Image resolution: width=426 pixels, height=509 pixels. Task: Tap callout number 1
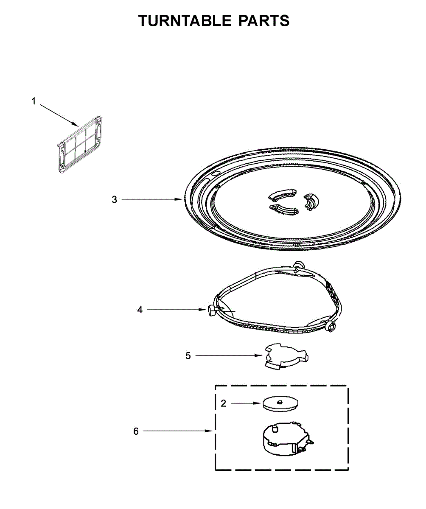click(34, 101)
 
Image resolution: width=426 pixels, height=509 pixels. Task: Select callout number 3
click(114, 199)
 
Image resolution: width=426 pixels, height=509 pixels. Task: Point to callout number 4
click(140, 310)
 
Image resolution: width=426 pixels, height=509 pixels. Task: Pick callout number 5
click(188, 355)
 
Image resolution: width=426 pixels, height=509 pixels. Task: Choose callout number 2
click(223, 403)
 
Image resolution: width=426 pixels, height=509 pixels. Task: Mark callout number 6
click(136, 431)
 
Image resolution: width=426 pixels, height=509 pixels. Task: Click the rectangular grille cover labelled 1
click(79, 145)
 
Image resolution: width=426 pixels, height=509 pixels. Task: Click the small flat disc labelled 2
click(280, 403)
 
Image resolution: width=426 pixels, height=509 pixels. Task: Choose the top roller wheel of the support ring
click(298, 264)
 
